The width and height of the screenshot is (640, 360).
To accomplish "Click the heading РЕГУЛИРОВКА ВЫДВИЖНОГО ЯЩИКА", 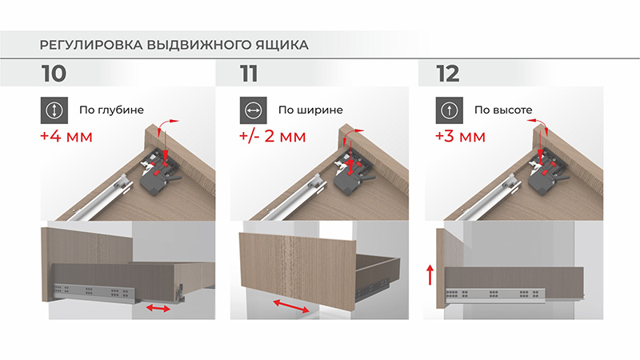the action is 174,45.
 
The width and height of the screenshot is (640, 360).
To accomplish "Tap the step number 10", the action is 54,74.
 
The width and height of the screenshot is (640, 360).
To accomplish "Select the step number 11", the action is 249,74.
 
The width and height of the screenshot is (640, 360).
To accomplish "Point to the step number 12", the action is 448,74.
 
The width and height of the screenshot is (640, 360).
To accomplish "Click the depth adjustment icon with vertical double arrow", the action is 54,110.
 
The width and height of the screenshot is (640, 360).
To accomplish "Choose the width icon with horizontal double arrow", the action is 253,110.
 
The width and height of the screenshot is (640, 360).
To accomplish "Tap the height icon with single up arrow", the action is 450,110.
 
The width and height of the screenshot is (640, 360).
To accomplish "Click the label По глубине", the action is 111,110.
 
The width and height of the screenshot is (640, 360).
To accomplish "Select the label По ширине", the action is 310,110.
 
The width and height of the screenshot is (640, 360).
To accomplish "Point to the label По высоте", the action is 503,110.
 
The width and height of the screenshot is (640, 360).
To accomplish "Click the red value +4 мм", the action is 66,136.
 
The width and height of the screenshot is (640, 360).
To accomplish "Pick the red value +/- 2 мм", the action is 272,136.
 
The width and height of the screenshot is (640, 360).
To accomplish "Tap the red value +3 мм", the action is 461,136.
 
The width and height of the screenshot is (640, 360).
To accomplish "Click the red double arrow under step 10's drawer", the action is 158,308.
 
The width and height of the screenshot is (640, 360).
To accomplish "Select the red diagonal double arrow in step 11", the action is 291,306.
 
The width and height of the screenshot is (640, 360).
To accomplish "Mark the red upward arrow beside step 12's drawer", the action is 430,274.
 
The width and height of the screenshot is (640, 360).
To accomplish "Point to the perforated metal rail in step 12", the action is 495,295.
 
